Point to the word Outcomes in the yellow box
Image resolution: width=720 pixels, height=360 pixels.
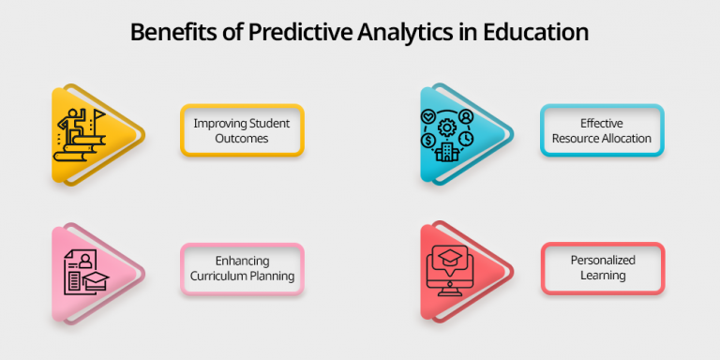[242, 138]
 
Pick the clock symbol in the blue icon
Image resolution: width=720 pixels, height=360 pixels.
[466, 140]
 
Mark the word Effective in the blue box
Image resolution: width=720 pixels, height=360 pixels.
[602, 123]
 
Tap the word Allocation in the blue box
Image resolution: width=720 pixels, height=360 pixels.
[624, 138]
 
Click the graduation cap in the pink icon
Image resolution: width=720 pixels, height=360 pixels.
[95, 278]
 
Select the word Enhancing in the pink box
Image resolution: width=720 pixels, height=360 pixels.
[242, 261]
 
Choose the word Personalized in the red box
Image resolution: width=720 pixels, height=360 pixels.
[602, 261]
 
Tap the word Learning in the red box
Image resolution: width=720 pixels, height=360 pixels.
[602, 276]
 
